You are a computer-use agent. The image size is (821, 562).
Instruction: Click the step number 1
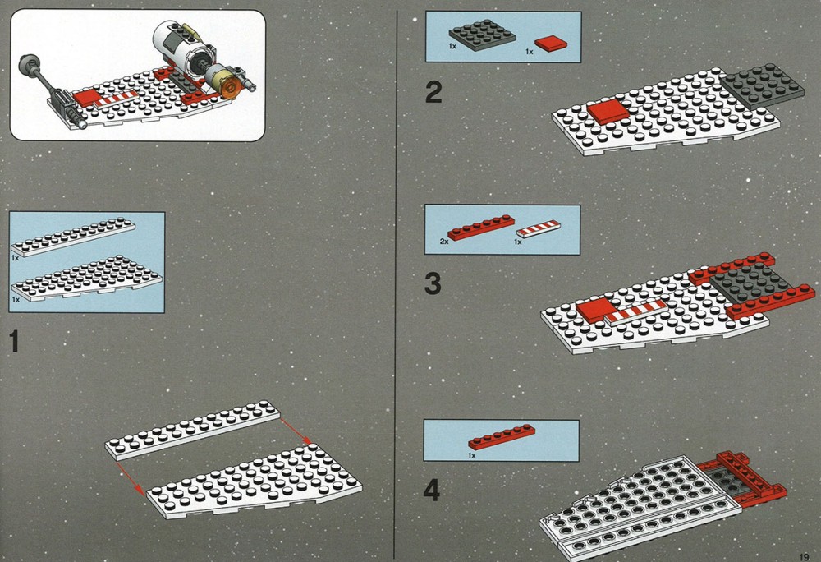(x=15, y=341)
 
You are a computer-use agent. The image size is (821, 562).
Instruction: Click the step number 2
(x=433, y=93)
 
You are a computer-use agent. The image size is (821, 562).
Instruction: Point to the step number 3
(x=433, y=284)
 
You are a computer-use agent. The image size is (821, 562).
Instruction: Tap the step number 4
(x=432, y=491)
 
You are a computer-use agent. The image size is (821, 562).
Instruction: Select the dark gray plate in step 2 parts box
(x=482, y=35)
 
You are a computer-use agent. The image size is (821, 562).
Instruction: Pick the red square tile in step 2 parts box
(x=552, y=44)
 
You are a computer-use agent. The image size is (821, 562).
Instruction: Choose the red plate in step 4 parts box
(x=502, y=437)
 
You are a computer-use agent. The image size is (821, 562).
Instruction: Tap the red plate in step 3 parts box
(x=481, y=228)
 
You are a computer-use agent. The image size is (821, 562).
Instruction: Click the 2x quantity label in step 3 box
(x=444, y=242)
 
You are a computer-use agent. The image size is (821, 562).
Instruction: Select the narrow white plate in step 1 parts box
(x=73, y=237)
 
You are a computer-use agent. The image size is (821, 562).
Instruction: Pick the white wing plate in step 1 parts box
(x=87, y=279)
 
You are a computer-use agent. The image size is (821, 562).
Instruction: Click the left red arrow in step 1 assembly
(x=131, y=477)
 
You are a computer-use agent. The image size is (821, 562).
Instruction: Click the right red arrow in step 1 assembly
(x=296, y=431)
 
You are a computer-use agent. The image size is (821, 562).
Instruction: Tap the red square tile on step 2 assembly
(x=608, y=111)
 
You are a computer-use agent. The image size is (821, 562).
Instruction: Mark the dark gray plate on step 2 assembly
(x=762, y=86)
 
